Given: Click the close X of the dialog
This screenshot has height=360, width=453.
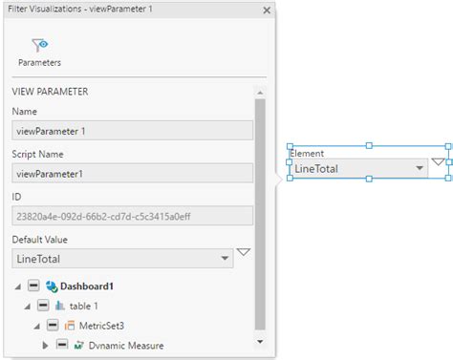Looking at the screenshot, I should point(267,10).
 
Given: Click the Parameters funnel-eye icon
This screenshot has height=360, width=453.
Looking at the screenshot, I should point(39,44).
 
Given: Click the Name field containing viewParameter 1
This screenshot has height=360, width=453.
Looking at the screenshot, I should point(132,130).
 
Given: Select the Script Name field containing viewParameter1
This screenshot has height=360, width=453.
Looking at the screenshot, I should point(132,173).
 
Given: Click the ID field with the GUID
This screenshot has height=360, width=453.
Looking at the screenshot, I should point(132,216).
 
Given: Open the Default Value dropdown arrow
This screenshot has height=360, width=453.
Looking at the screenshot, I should point(225,259).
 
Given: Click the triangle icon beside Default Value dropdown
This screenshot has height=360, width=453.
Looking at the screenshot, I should point(243,253).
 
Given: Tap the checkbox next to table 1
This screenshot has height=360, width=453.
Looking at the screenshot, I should point(43,306).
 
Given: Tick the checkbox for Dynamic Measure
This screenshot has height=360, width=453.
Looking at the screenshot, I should point(61,345).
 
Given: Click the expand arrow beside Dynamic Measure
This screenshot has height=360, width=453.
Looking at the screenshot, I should point(46,345).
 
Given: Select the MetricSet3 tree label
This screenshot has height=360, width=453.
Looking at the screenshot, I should point(102,326).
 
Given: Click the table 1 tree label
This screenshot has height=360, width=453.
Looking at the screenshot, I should point(85,306).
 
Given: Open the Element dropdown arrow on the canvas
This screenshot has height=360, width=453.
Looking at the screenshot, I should point(419,169).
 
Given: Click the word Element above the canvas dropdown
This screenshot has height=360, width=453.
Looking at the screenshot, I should point(307,153).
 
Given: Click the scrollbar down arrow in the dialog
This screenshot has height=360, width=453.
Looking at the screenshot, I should point(260,340).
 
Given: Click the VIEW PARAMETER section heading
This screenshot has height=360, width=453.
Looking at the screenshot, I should point(50,92).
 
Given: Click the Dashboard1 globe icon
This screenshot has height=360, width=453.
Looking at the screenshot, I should point(51,286).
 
